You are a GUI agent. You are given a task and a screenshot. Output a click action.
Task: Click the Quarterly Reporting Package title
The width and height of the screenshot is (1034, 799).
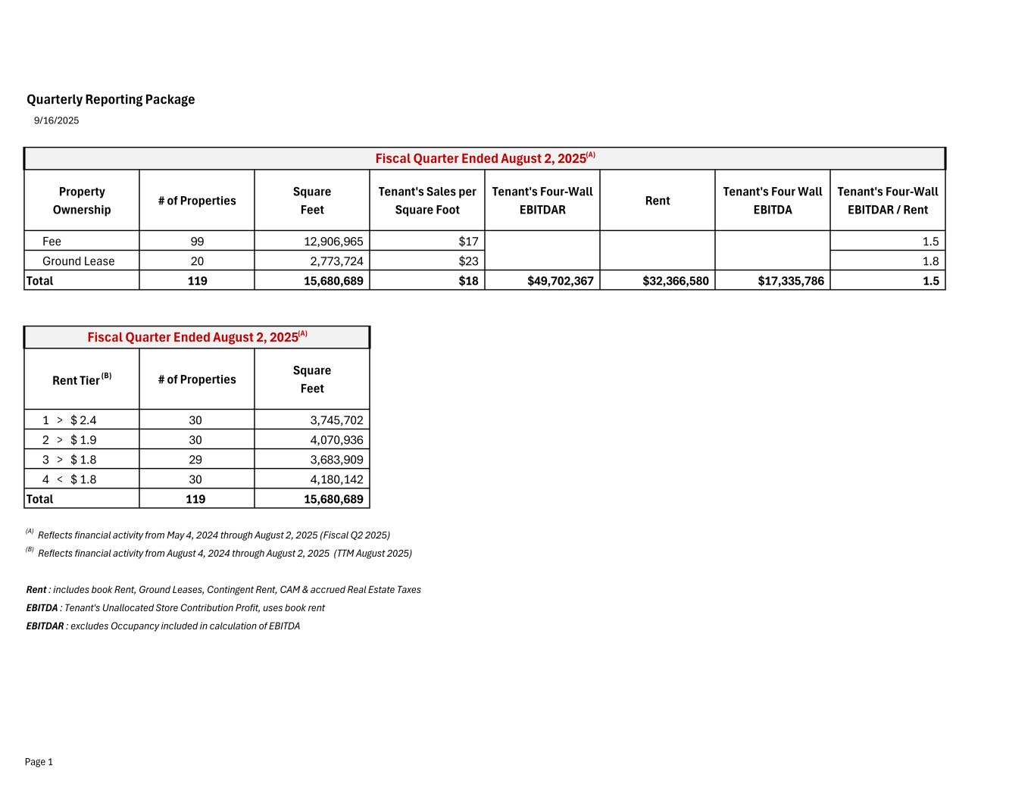coord(111,99)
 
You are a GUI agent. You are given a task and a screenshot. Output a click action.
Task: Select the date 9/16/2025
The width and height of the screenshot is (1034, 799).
coord(56,120)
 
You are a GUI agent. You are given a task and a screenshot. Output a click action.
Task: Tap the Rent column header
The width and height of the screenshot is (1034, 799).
coord(657,201)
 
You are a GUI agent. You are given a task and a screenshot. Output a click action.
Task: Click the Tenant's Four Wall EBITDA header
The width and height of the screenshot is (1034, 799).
coord(772,201)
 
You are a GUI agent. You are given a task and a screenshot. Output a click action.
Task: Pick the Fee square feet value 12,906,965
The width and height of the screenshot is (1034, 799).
coord(333,242)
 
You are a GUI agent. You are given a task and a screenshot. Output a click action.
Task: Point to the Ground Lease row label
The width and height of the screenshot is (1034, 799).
coord(78,261)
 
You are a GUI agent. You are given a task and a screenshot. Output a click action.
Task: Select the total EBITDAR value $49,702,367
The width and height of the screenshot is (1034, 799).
coord(560,281)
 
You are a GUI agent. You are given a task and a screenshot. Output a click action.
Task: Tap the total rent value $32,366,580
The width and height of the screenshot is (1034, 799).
coord(675,281)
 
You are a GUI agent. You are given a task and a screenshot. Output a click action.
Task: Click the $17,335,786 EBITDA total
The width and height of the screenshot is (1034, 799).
coord(790,281)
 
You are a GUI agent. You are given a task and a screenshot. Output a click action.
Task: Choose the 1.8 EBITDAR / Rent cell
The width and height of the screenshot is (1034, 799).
coord(930,261)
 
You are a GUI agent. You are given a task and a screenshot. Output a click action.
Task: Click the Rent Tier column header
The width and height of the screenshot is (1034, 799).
coord(81,379)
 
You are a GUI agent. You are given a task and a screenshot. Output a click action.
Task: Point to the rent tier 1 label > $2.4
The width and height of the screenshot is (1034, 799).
coord(69,420)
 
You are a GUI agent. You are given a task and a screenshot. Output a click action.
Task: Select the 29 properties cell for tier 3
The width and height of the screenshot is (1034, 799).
coord(195,460)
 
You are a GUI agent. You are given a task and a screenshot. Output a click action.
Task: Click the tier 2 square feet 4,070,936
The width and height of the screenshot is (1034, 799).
coord(336,440)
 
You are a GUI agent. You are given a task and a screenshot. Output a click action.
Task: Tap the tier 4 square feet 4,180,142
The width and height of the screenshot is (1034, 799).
coord(336,479)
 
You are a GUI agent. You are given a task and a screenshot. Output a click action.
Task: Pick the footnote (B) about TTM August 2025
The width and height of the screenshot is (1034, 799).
coord(224,554)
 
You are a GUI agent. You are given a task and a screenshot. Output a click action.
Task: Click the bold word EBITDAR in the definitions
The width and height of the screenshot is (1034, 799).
coord(45,626)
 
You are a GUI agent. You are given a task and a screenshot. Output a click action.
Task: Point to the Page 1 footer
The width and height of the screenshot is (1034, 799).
coord(39,762)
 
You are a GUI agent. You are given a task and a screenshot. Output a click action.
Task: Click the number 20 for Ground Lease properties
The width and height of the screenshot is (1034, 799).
coord(197,261)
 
